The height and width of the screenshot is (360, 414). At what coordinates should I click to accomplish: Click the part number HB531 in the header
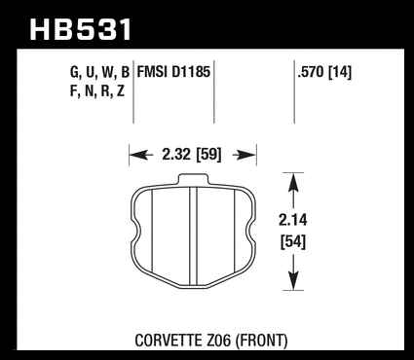81,29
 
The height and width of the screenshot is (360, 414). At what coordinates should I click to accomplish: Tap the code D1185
191,72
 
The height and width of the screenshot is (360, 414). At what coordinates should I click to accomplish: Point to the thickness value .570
311,72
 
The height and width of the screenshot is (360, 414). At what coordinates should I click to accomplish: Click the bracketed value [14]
340,72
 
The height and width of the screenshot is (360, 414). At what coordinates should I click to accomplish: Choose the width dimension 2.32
176,155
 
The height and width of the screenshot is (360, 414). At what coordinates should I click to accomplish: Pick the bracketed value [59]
209,155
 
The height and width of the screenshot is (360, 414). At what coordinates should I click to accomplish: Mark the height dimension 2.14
293,220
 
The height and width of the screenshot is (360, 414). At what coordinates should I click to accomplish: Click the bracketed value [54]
293,242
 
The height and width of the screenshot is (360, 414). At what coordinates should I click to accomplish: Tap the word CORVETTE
169,341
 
